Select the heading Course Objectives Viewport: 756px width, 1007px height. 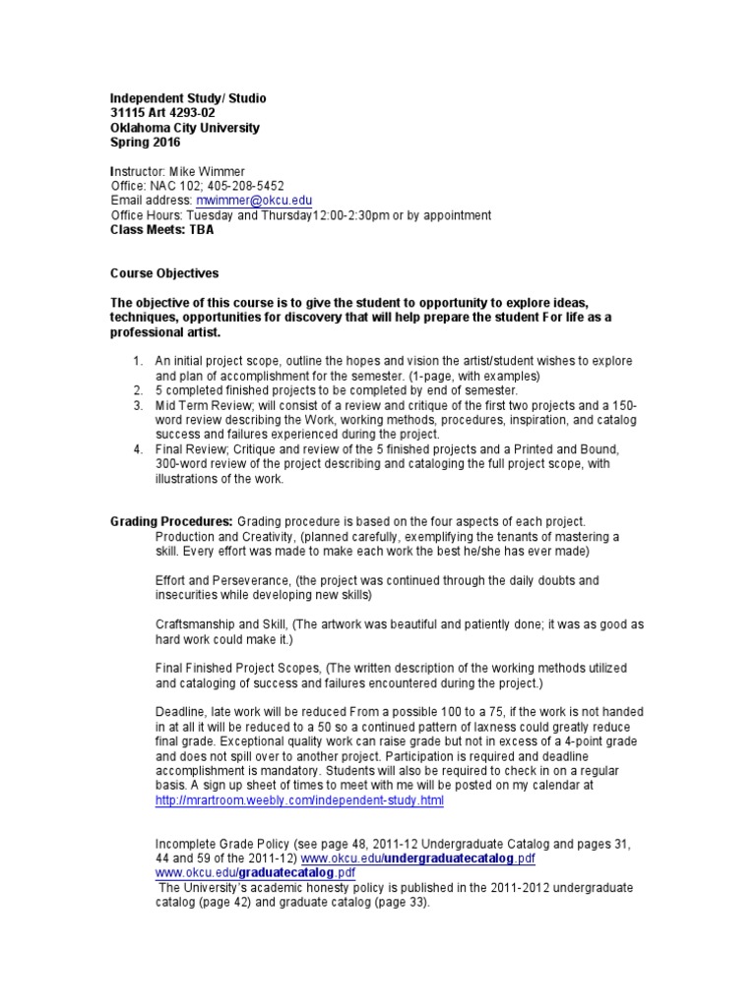point(164,272)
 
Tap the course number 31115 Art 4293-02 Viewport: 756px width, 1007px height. point(162,113)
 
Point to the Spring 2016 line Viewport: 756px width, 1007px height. point(146,142)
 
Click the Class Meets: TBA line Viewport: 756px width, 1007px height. point(161,229)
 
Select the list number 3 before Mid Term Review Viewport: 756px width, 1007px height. point(139,405)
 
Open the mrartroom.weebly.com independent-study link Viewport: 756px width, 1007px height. point(299,800)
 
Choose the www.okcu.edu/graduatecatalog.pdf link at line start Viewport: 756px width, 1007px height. point(256,872)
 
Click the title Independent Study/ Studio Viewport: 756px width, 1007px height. point(188,98)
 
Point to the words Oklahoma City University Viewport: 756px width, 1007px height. point(185,128)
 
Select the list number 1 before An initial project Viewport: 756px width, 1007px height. point(139,361)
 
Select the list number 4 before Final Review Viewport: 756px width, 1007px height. point(139,449)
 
